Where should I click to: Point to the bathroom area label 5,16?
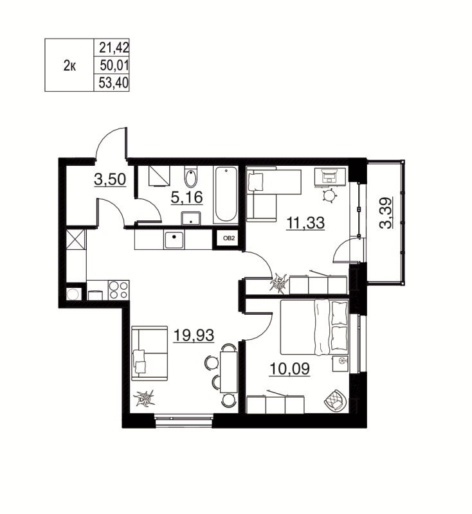[186, 197]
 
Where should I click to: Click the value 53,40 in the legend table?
[111, 82]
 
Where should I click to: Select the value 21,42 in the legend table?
[111, 47]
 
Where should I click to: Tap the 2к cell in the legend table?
[69, 65]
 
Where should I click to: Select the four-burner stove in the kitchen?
[118, 290]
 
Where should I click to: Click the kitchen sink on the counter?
[174, 240]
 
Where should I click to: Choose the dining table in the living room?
[228, 368]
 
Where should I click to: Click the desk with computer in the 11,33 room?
[331, 175]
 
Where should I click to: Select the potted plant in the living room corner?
[145, 400]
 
